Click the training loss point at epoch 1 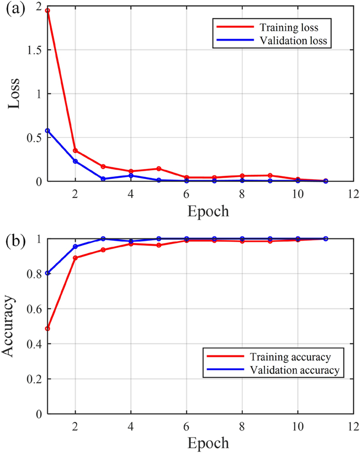[x=47, y=10]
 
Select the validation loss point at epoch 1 [x=47, y=131]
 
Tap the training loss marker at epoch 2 [x=76, y=151]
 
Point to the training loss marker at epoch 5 [x=159, y=169]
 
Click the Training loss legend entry [x=269, y=26]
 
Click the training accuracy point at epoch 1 [x=47, y=328]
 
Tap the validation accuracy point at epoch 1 [x=47, y=273]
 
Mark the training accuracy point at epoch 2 [x=76, y=258]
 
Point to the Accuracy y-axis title [x=11, y=326]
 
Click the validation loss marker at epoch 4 [x=131, y=176]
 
